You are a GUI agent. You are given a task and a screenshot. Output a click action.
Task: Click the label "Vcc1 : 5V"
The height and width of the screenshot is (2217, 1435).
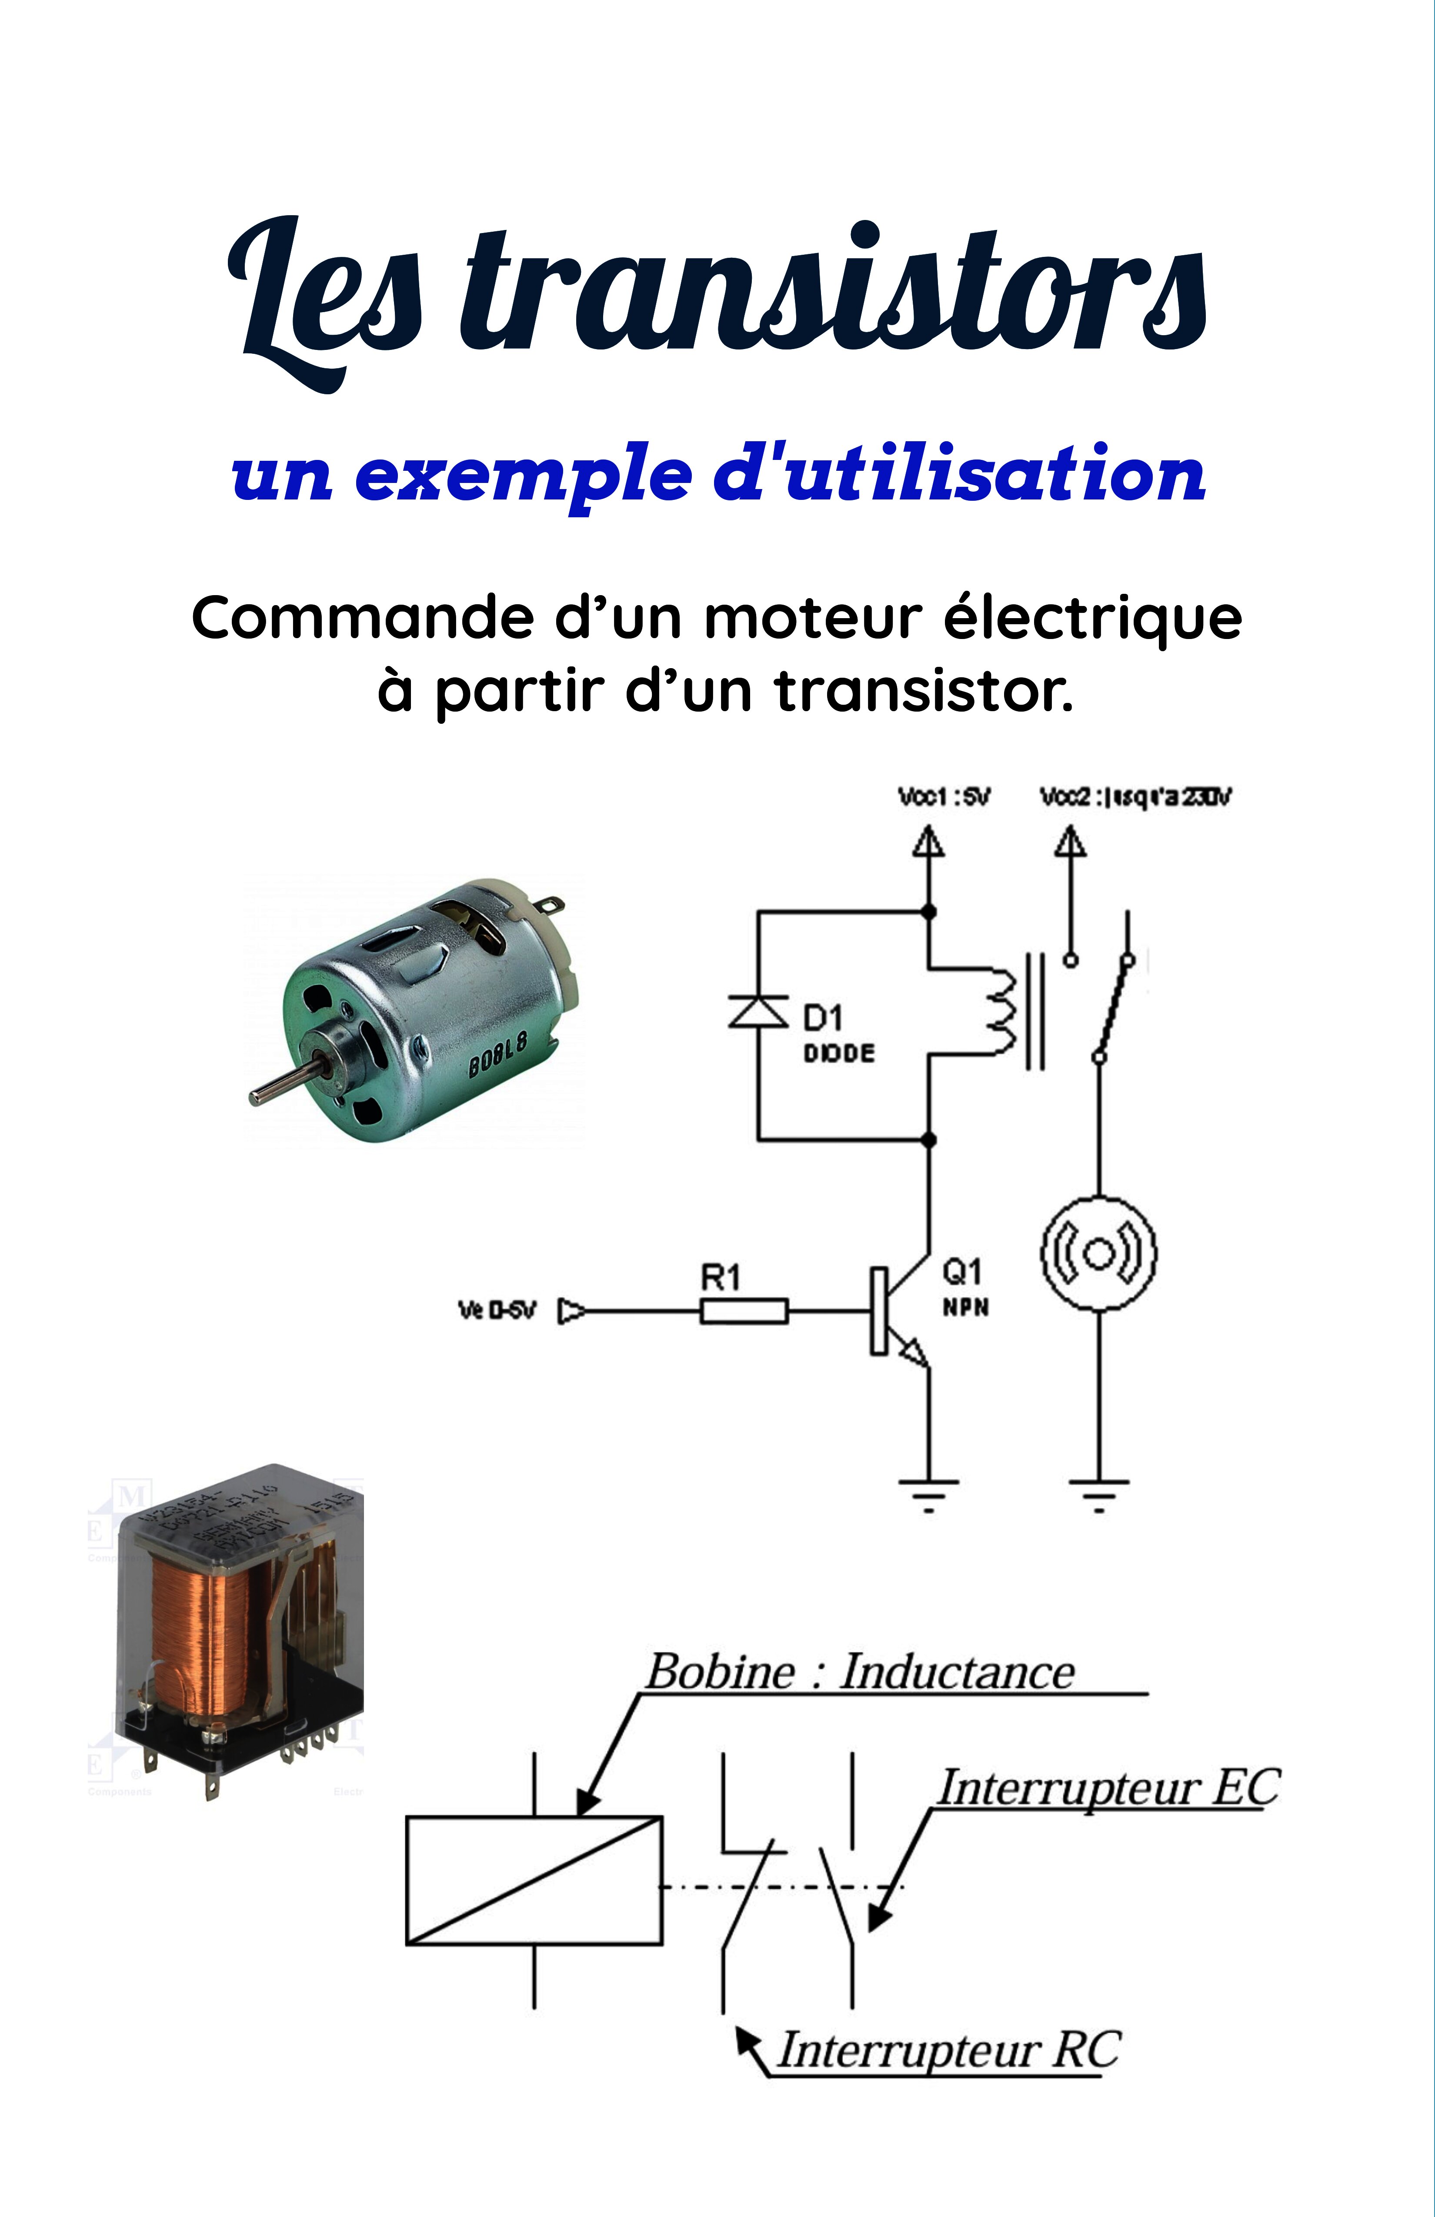point(943,797)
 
